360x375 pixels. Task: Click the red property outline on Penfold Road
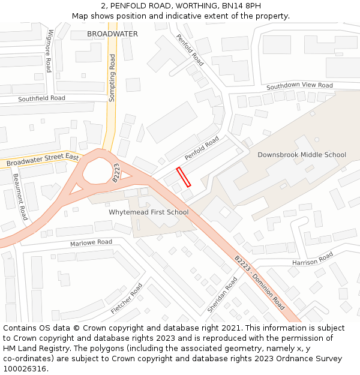tap(184, 178)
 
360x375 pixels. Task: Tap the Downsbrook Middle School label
tap(301, 155)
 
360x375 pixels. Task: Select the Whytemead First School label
tap(148, 212)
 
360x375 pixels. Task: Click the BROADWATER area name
tap(112, 34)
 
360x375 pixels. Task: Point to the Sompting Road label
tap(112, 70)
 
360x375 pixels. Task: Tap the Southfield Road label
tap(41, 98)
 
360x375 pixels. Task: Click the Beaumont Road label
tap(20, 197)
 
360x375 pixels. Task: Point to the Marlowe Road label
tap(91, 242)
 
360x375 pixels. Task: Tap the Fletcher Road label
tap(127, 298)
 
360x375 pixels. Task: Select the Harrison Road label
tap(312, 259)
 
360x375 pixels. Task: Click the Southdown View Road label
tap(299, 86)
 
